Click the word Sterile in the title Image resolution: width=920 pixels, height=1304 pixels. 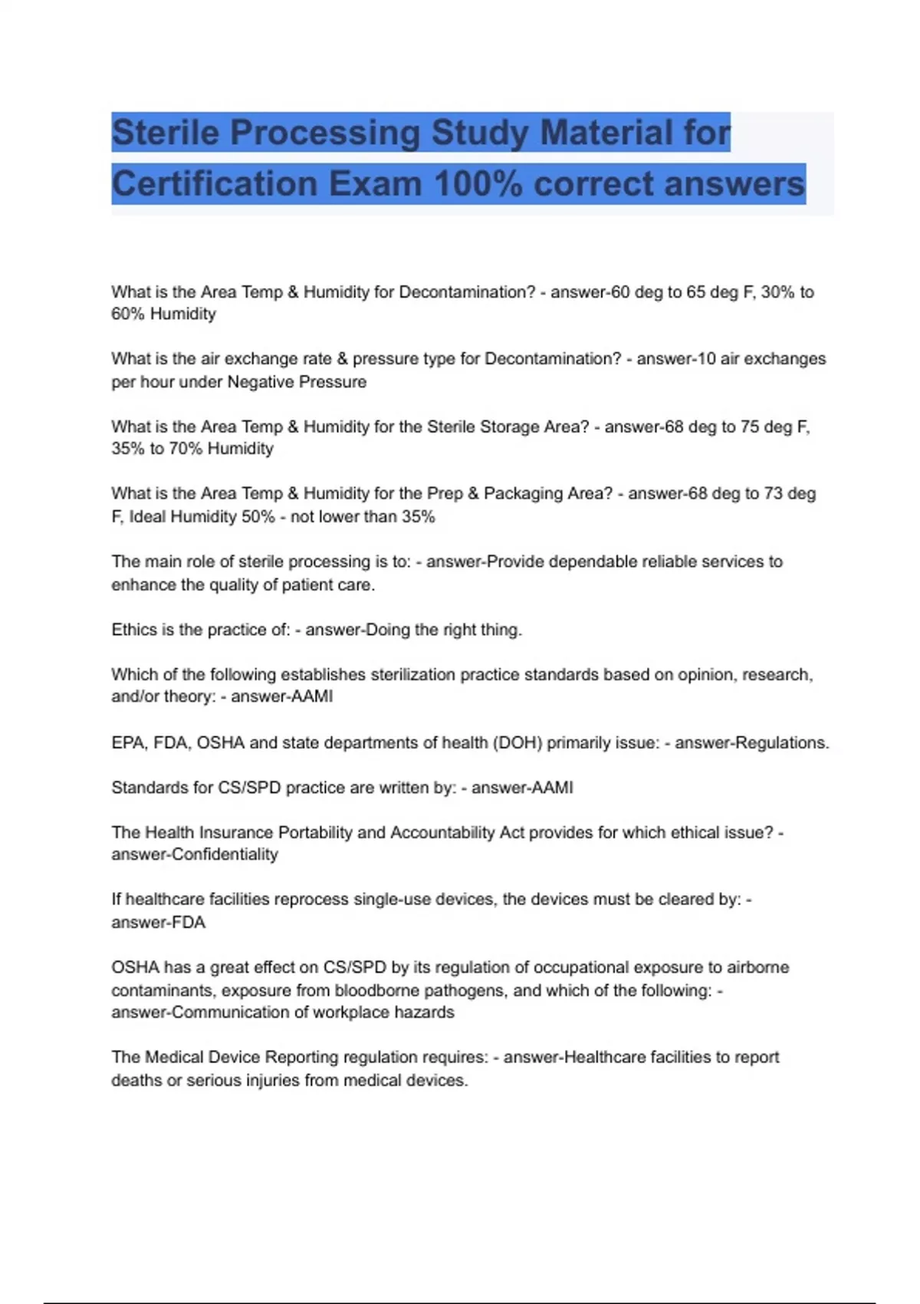[x=166, y=133]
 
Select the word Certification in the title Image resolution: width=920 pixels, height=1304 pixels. [x=215, y=184]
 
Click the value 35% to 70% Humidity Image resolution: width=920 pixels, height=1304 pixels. [x=192, y=449]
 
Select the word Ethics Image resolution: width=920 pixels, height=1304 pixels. [x=134, y=630]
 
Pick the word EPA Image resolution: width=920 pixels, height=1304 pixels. [x=127, y=743]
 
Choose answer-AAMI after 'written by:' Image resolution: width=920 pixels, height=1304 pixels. [x=522, y=788]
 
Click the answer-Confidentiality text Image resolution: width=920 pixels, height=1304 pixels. [x=195, y=855]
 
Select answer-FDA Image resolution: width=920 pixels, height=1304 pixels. [x=158, y=923]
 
